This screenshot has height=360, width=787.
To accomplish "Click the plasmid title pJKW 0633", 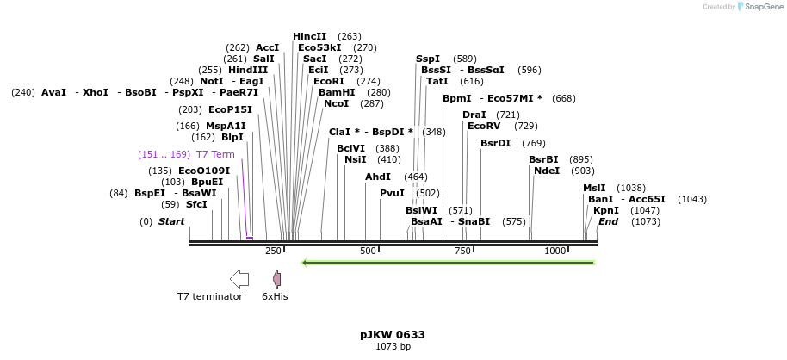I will pos(393,334).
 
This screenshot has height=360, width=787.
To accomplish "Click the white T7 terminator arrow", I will pos(239,278).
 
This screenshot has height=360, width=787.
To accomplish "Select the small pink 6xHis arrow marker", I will pos(276,278).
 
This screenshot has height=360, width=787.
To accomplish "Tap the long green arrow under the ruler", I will pos(447,262).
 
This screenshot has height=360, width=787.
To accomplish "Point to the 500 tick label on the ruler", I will pos(369,251).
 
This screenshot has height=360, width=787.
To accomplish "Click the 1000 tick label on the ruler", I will pos(555,251).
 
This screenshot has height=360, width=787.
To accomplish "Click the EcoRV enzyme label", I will pos(484,127).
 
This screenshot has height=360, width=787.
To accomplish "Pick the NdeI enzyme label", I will pos(547,171).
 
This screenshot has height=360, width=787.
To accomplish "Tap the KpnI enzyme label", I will pos(606,210).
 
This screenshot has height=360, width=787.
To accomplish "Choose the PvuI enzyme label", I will pos(392,193).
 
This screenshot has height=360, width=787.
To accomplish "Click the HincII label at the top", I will pos(310,36).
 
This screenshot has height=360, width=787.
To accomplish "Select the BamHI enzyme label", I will pos(337,92).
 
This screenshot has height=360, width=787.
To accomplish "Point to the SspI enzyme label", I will pos(428,59).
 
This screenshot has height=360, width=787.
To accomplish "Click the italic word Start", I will pos(171,221).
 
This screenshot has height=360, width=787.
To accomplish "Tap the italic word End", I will pos(609,221).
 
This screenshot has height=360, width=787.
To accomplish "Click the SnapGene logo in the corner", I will pos(758,7).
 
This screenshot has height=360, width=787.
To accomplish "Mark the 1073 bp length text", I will pos(393,347).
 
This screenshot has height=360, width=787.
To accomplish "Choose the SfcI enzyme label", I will pos(196,204).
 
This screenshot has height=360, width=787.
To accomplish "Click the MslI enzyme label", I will pos(594,188).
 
